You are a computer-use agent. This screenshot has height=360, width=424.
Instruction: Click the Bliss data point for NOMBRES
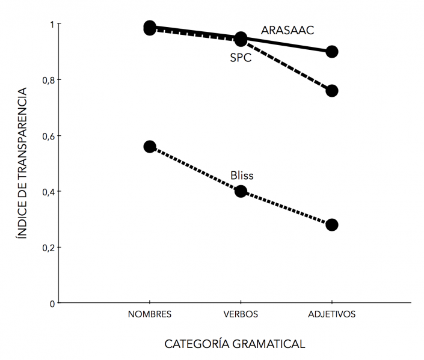coord(150,147)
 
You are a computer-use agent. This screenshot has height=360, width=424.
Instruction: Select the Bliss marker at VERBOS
coord(241,191)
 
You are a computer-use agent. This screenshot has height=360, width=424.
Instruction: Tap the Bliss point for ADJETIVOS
coord(331,225)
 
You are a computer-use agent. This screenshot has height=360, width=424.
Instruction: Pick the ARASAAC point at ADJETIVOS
coord(331,52)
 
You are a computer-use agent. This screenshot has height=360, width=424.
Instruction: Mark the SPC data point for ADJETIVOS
coord(331,91)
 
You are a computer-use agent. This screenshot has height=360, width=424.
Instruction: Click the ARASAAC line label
coord(287,30)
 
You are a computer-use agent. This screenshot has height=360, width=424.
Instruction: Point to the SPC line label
coord(241,58)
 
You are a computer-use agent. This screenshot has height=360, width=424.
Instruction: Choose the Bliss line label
coord(242,175)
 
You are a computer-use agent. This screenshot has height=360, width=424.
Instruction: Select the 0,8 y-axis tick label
coord(48,80)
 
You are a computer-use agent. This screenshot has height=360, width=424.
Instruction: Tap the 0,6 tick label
coord(48,136)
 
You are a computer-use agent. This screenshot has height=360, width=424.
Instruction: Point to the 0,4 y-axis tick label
coord(48,192)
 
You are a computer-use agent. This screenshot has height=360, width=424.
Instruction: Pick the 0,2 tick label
coord(48,248)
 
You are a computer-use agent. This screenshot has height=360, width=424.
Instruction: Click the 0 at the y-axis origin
coord(52,304)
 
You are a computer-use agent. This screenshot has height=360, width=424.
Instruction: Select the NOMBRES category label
coord(150,314)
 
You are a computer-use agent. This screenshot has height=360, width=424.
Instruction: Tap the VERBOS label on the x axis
coord(241,314)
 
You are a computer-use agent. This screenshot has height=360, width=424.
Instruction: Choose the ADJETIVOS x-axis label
coord(331,314)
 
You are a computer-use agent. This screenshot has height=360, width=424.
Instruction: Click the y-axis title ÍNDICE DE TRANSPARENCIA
coord(22,163)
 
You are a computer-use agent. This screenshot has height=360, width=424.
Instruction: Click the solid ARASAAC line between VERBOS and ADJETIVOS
coord(286,45)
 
